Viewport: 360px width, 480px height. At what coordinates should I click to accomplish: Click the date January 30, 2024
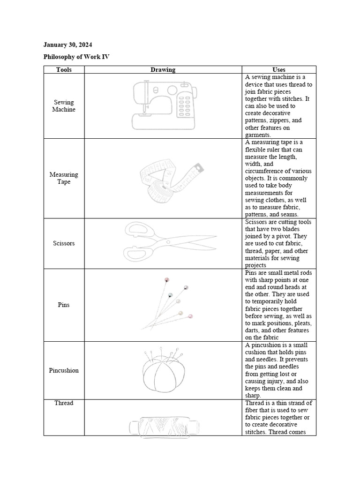tap(67, 45)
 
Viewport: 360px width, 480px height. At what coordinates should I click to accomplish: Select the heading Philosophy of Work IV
tap(76, 57)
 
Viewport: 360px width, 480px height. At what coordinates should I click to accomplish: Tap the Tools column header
tap(64, 70)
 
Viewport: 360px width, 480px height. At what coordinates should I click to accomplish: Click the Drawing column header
tap(163, 70)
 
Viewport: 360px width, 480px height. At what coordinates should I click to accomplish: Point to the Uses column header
tap(279, 70)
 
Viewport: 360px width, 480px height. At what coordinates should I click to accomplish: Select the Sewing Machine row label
tap(64, 106)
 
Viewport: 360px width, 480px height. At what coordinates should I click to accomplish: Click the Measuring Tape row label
tap(64, 178)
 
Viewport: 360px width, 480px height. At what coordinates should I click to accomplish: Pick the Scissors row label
tap(64, 243)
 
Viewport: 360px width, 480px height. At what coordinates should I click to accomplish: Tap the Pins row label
tap(64, 305)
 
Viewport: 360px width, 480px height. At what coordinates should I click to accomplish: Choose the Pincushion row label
tap(64, 370)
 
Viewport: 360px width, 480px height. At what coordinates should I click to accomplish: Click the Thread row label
tap(64, 403)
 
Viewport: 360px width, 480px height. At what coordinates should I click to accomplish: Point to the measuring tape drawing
tap(172, 178)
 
